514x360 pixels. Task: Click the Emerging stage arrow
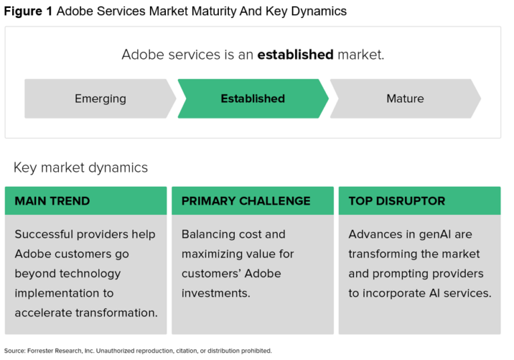click(100, 98)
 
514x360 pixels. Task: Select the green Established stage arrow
click(252, 98)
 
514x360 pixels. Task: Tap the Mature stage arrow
click(405, 98)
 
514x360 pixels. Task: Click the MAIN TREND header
click(52, 201)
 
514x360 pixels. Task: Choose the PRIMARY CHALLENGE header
click(246, 201)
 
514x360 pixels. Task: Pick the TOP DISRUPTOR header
click(397, 201)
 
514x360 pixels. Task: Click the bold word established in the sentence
click(295, 54)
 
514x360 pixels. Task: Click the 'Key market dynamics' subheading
click(80, 167)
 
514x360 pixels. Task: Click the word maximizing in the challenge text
click(213, 254)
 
